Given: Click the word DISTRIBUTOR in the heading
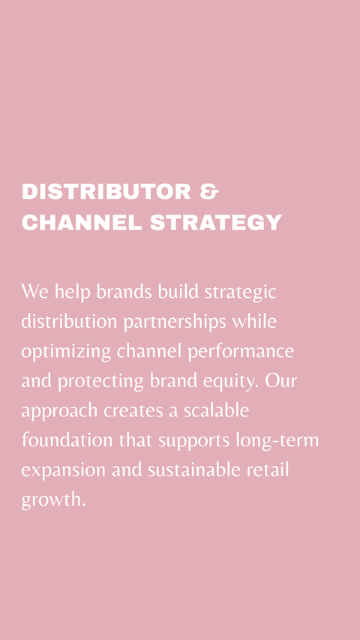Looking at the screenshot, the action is (x=106, y=192).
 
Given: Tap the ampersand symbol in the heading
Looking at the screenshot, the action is (x=209, y=192).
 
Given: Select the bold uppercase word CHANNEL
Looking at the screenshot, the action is (x=82, y=222).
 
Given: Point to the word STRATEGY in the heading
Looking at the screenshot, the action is (x=216, y=222).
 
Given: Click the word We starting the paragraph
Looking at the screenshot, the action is (x=34, y=291).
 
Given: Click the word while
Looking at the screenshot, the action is (x=255, y=321).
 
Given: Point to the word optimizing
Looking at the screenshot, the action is (x=66, y=352).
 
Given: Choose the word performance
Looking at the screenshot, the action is (x=241, y=352).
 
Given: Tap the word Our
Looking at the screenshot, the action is (x=280, y=380).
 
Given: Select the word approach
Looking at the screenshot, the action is (x=59, y=411).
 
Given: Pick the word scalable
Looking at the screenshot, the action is (x=216, y=410).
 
